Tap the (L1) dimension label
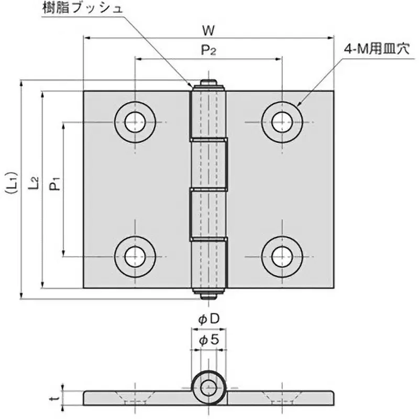coord(12,190)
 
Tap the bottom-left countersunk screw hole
coord(136,256)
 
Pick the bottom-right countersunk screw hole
coord(282,256)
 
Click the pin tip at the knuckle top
coord(208,83)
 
